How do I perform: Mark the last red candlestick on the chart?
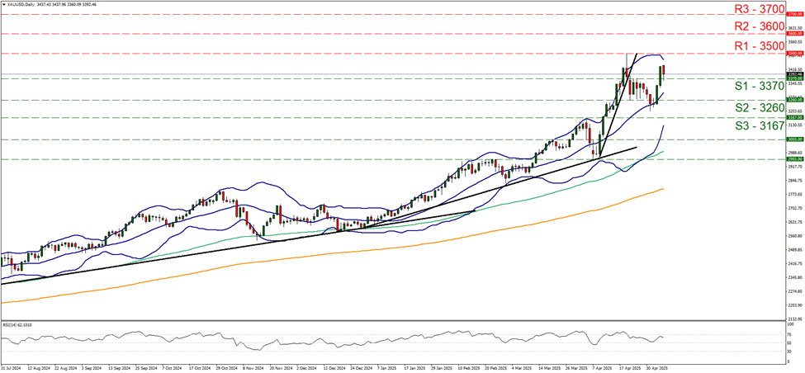tap(664, 73)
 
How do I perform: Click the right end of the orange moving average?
tap(665, 189)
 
